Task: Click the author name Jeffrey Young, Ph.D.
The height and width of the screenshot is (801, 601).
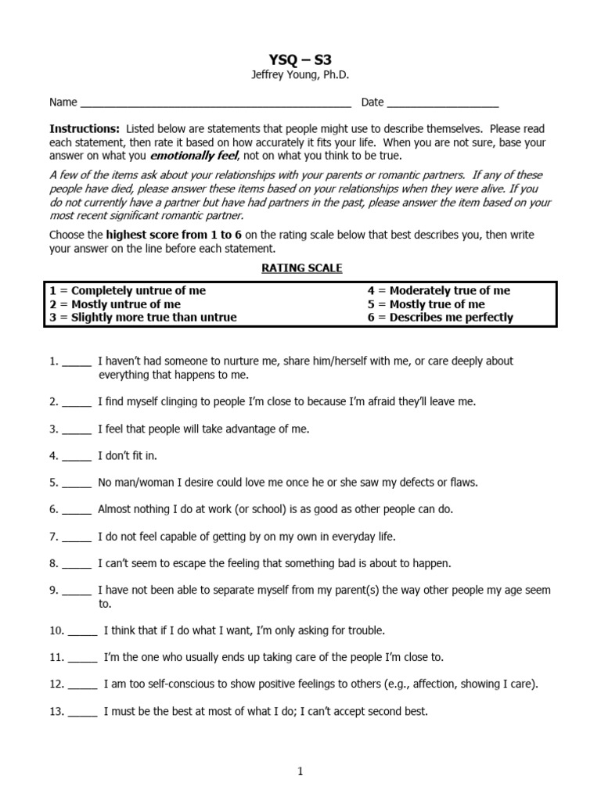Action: [x=300, y=74]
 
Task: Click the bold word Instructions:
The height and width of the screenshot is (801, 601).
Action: [x=85, y=128]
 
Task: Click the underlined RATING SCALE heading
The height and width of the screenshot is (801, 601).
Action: [x=300, y=268]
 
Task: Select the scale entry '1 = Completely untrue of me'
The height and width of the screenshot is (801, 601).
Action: [x=128, y=290]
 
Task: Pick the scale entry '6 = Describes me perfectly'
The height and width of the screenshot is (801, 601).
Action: [x=441, y=317]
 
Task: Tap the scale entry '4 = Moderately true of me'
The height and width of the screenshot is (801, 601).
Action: [x=438, y=290]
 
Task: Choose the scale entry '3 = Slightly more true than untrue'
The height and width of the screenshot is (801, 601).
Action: [x=142, y=317]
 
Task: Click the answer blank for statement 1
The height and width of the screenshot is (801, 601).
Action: [x=77, y=363]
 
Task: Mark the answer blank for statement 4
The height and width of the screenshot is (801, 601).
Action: [x=77, y=455]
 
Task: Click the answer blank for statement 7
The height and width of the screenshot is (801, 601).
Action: [x=77, y=537]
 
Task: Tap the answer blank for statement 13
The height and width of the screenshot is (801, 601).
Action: [x=82, y=713]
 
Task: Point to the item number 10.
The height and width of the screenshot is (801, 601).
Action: [x=56, y=630]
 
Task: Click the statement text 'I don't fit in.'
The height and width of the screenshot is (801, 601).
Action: [x=128, y=455]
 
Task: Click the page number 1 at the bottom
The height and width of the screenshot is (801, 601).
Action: [x=300, y=772]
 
